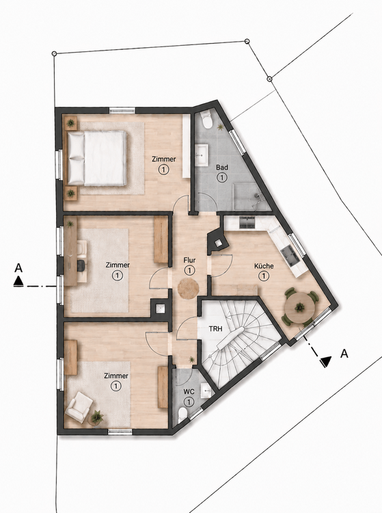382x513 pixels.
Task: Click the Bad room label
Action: click(x=222, y=168)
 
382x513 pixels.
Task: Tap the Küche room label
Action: click(x=264, y=266)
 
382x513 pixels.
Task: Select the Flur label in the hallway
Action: click(x=189, y=261)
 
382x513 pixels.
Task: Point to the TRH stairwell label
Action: click(x=216, y=328)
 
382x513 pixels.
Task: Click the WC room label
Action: click(x=189, y=392)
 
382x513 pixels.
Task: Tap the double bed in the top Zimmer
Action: click(x=97, y=158)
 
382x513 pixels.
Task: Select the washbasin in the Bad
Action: click(x=202, y=155)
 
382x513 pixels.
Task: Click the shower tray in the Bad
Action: click(x=251, y=197)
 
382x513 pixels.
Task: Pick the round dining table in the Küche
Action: click(x=299, y=308)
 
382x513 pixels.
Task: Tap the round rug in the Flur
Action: click(x=188, y=288)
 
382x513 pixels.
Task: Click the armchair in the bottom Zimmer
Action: click(x=79, y=407)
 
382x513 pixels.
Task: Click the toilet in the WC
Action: click(x=182, y=414)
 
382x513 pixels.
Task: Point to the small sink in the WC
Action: click(x=206, y=391)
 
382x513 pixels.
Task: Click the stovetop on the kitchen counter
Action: click(x=247, y=222)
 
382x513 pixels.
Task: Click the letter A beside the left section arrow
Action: click(x=18, y=268)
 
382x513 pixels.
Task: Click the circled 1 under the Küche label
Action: click(x=263, y=276)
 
